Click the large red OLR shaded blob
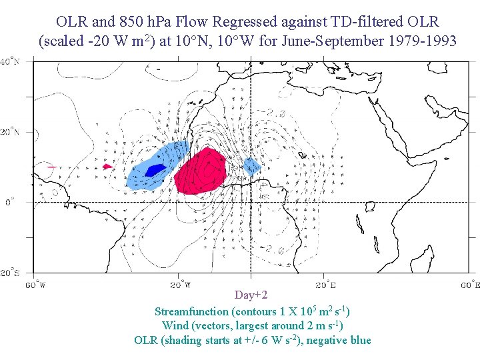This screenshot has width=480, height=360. [x=201, y=171]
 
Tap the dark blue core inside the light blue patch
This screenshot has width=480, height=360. [x=155, y=170]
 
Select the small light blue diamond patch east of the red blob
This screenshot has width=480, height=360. [x=251, y=166]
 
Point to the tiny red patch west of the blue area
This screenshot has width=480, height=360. [x=107, y=167]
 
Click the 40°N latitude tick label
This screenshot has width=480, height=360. [x=9, y=62]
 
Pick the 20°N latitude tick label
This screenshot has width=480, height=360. [x=9, y=132]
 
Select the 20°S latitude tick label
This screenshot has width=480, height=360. [x=9, y=272]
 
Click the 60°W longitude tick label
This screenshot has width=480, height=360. [x=35, y=285]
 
